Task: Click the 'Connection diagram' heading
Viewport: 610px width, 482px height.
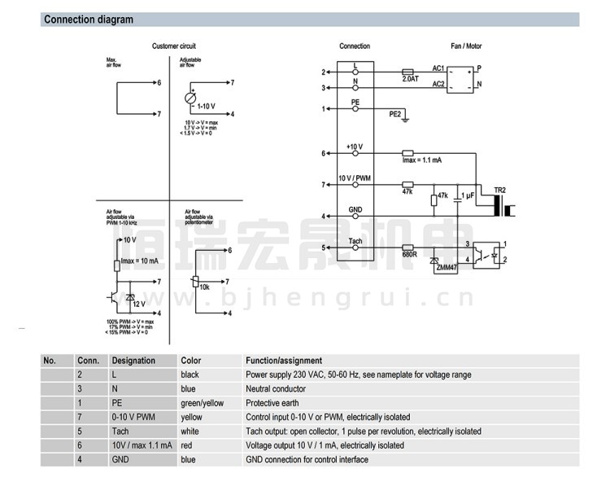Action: click(89, 20)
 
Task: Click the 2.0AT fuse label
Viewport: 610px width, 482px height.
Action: click(410, 79)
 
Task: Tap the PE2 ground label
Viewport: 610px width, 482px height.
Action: click(395, 114)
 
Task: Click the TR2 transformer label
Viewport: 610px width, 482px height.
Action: click(499, 190)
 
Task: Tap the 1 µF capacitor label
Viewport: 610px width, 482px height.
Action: click(468, 196)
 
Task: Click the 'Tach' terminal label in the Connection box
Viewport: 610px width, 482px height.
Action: click(355, 241)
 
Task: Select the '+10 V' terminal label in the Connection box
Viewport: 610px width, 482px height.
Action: click(355, 147)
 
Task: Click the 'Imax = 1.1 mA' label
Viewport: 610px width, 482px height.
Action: click(422, 160)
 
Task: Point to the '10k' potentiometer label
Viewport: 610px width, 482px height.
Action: click(205, 287)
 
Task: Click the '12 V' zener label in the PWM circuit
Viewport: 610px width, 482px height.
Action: click(139, 303)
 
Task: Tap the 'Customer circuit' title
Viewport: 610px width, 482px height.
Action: click(174, 46)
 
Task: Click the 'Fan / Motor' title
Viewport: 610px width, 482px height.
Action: click(466, 46)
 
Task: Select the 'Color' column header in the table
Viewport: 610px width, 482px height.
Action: click(190, 361)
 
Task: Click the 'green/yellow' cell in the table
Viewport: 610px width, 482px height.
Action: click(202, 403)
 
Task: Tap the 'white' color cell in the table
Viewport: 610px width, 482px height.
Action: click(190, 432)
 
